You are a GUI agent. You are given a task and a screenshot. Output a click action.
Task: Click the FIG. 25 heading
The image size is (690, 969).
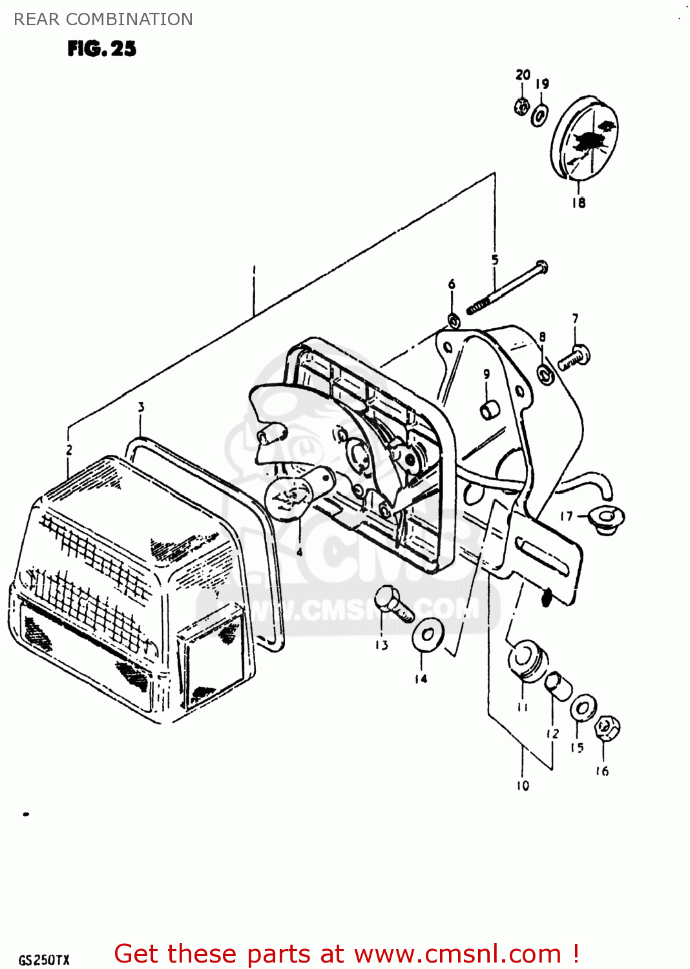coord(101,49)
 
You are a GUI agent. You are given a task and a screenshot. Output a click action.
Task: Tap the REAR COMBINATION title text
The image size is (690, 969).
coord(103,19)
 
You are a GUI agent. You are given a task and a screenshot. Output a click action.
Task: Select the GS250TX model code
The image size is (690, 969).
coord(43,960)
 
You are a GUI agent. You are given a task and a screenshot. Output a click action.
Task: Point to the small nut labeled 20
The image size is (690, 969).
coord(522,105)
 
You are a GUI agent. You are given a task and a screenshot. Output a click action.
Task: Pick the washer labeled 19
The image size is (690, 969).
coord(539,116)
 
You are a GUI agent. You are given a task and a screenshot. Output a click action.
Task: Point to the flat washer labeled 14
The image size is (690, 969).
coord(428,635)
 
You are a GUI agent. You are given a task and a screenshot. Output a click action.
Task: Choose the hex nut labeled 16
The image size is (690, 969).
coord(607,728)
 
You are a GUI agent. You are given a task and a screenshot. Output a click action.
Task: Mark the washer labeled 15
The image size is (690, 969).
coord(583,707)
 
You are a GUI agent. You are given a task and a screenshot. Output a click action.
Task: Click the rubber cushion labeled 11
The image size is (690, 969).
coord(527,660)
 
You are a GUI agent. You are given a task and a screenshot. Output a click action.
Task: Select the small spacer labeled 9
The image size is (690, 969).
coord(489,410)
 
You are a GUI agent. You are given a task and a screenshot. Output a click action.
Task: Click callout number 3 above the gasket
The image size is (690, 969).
coord(141,407)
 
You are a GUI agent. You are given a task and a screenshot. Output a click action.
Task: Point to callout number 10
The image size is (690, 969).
coord(523,786)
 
